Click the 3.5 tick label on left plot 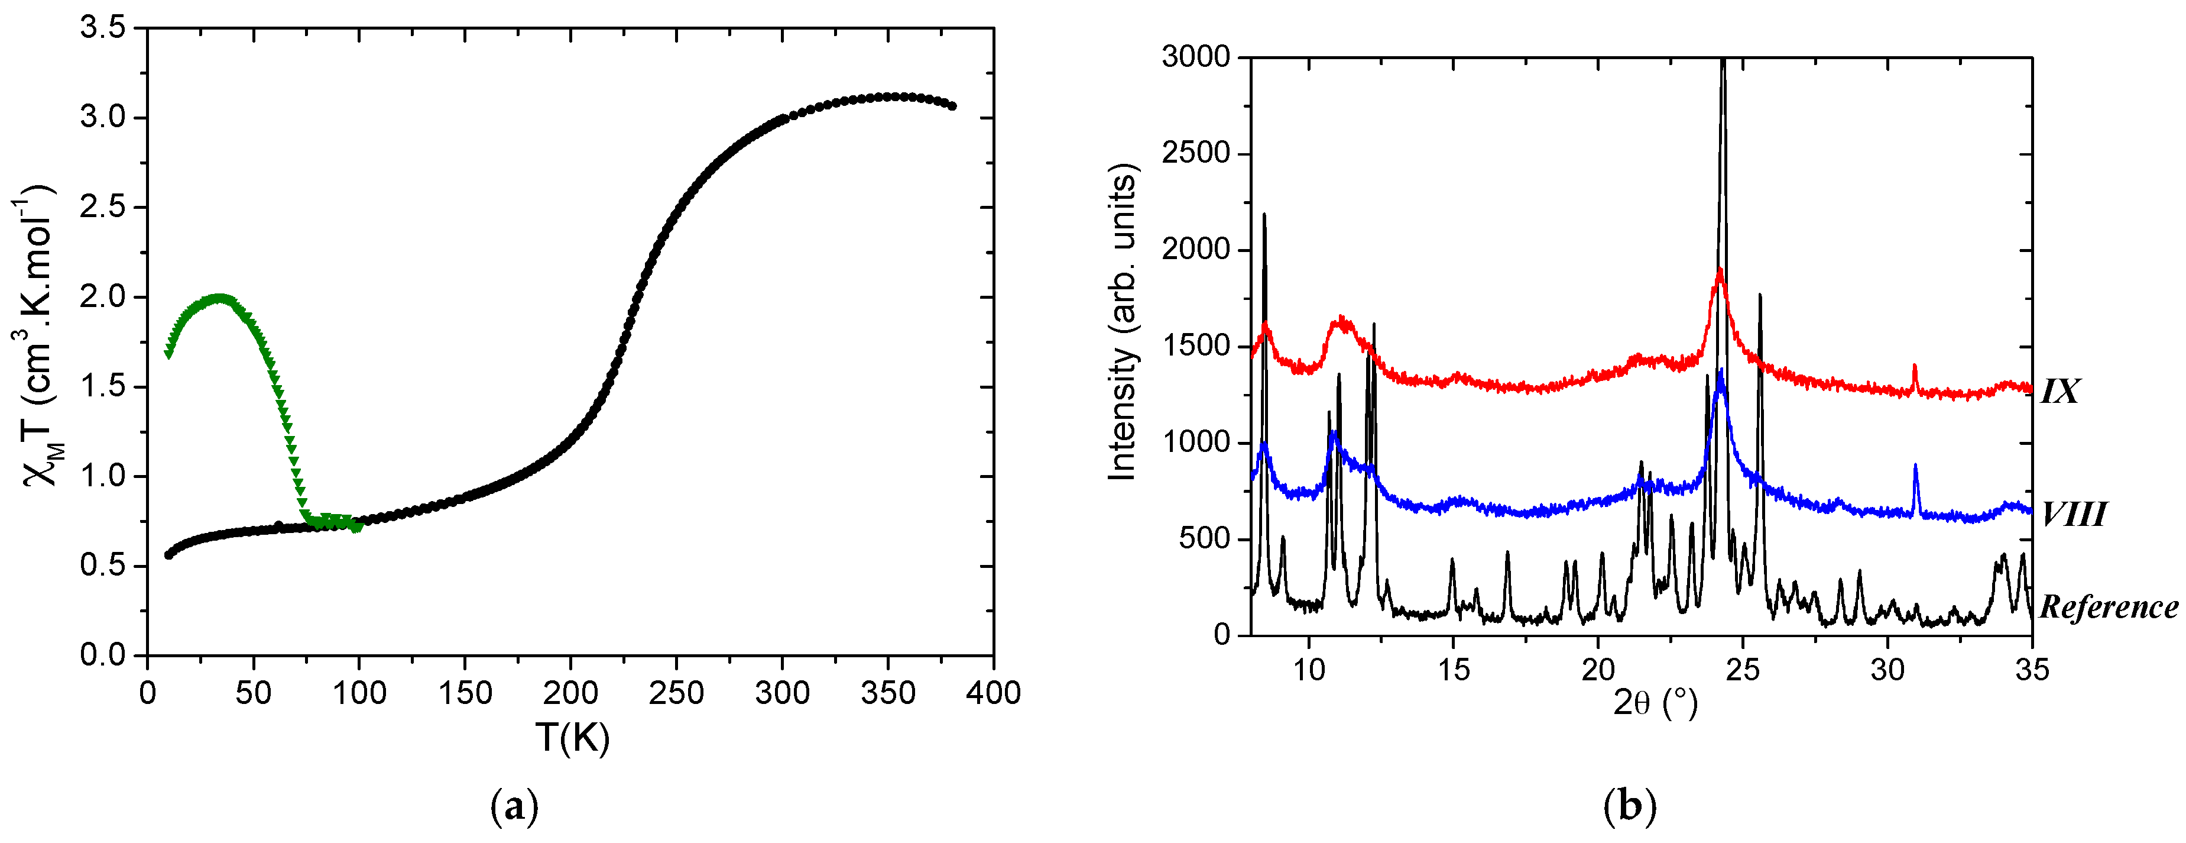(102, 28)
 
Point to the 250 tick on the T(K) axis (676, 693)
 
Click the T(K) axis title (572, 737)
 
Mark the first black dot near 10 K (168, 555)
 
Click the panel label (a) (514, 806)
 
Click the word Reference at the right (2109, 607)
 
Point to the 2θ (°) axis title (1655, 703)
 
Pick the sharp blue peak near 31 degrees (1915, 466)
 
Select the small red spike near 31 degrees (1915, 367)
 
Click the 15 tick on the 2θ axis (1454, 670)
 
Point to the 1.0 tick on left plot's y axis (102, 476)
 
